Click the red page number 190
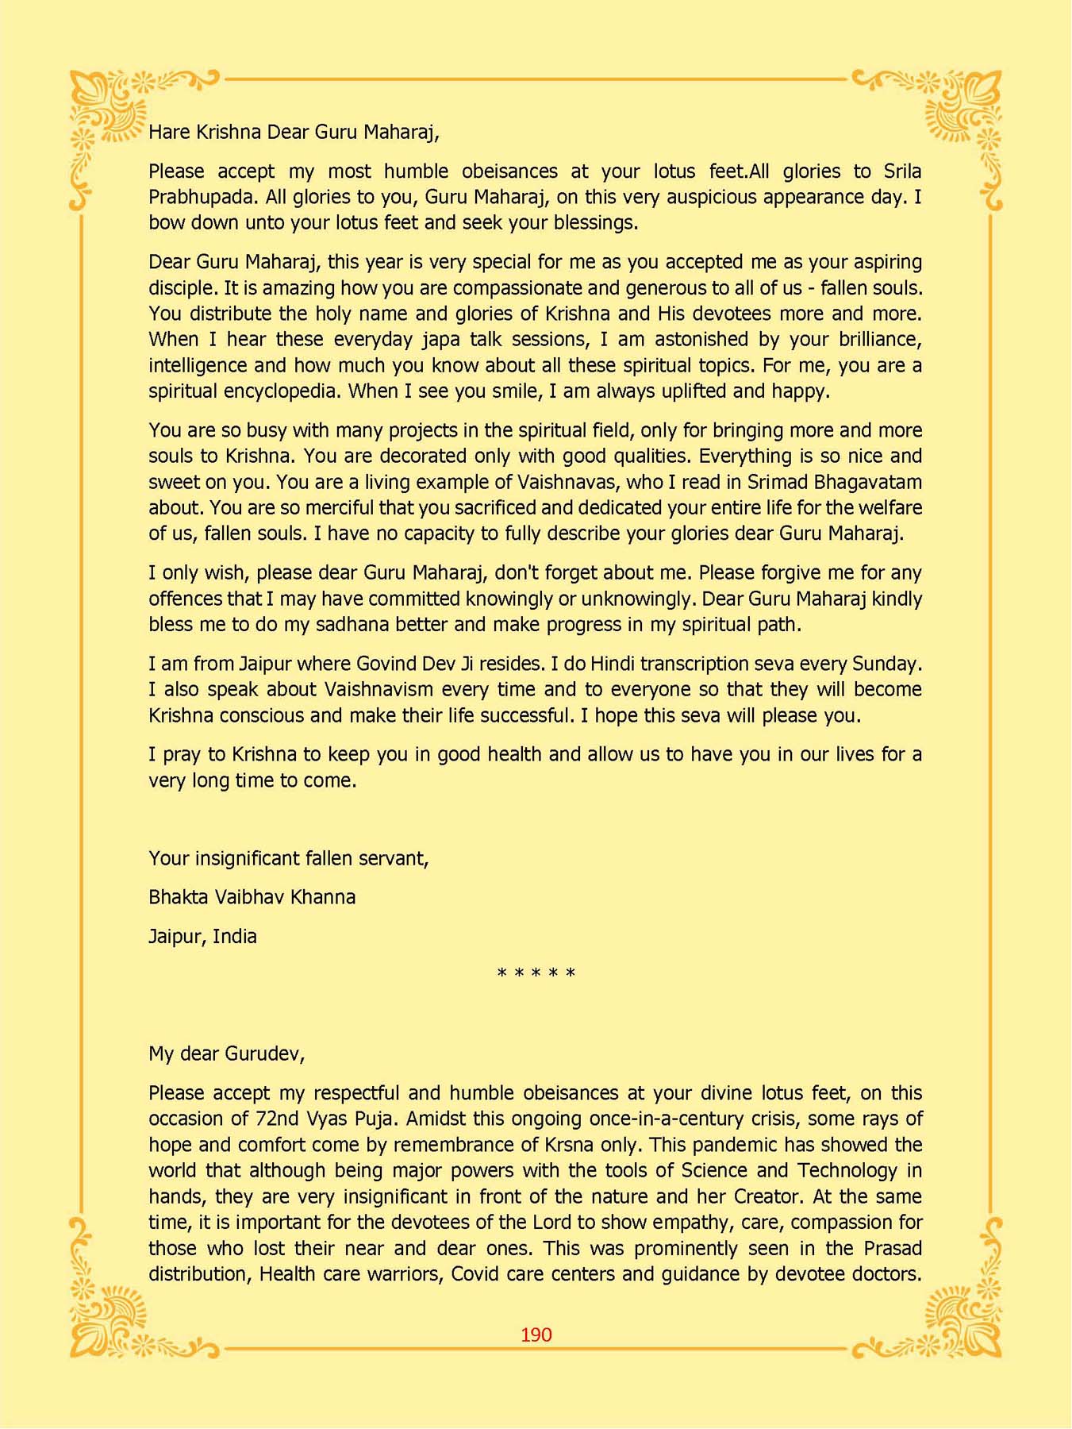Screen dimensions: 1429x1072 click(536, 1335)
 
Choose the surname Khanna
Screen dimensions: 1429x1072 click(323, 897)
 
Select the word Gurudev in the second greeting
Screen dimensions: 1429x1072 click(263, 1053)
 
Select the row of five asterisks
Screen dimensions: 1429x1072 click(536, 973)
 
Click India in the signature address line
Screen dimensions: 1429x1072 click(235, 937)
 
